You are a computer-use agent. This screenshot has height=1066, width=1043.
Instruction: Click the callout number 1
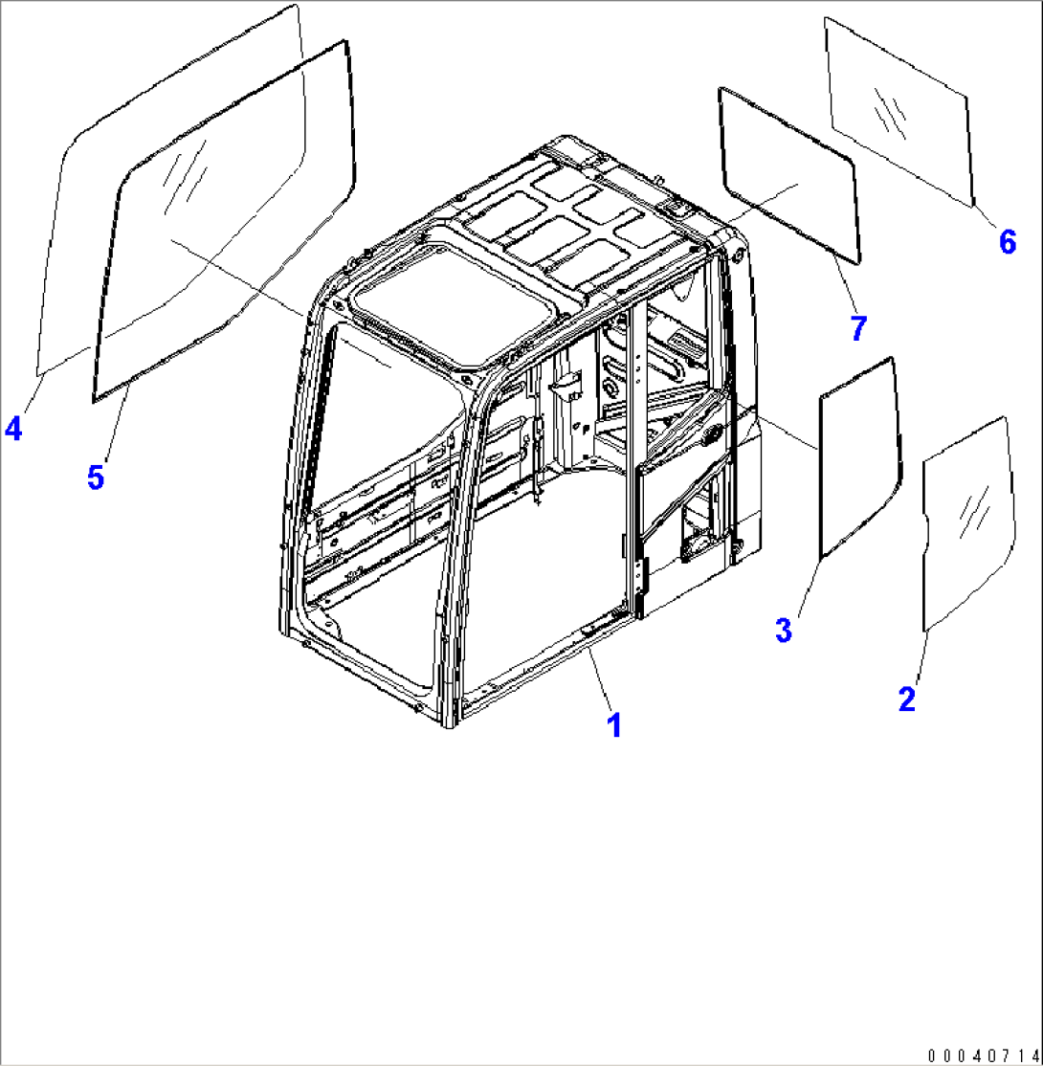coord(614,724)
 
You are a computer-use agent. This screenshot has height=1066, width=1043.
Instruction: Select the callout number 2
coord(906,699)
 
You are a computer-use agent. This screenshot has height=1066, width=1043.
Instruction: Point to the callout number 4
coord(12,430)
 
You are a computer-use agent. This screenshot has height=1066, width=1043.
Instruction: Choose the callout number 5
coord(96,477)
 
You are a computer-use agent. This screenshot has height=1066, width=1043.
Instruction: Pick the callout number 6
coord(1007,242)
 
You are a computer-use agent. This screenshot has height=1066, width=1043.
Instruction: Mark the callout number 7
coord(857,328)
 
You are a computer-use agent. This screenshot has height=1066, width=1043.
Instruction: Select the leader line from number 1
coord(600,678)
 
